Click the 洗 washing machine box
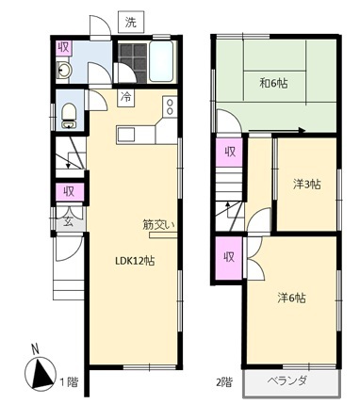131,22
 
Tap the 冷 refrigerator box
126,98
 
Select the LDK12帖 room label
135,261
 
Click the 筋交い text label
158,224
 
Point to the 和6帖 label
273,83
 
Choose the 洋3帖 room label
307,185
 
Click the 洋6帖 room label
291,298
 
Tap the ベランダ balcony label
287,380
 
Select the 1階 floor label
69,381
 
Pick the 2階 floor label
224,381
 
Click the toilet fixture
69,116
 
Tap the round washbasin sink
64,71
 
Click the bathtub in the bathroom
161,61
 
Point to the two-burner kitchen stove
170,106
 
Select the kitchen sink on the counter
126,135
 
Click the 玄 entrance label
69,222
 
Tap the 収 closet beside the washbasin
64,48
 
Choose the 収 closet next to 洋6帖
229,257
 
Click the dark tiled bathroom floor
133,63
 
